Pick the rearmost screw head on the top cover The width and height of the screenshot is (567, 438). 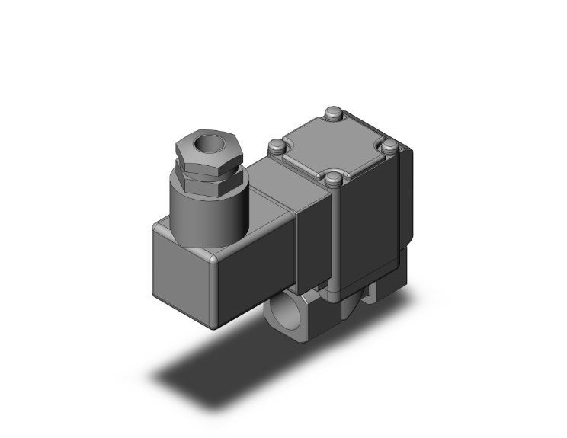(332, 114)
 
